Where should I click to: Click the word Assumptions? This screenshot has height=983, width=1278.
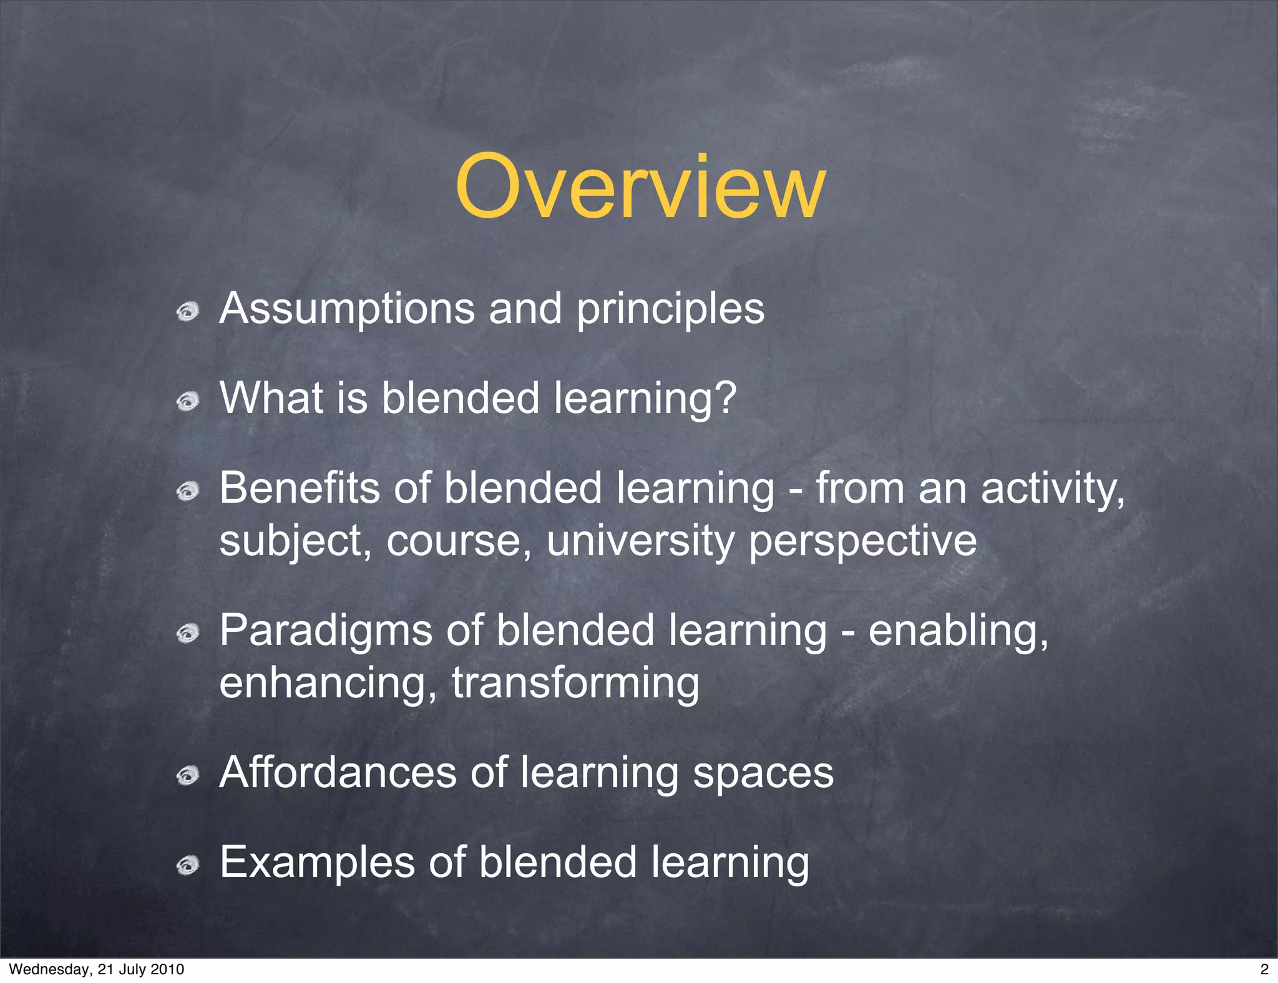pos(347,308)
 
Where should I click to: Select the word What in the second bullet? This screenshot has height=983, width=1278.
pos(271,397)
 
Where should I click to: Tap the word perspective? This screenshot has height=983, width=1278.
pos(862,541)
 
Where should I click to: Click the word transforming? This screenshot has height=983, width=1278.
pos(575,684)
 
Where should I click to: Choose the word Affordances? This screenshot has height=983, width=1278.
pos(338,772)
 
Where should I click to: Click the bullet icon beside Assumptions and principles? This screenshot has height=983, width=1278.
pos(187,311)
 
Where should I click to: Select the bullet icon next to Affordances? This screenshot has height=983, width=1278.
pos(187,776)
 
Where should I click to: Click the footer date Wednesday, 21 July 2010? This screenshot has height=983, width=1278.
pos(97,969)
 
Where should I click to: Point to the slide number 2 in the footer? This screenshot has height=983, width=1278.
pos(1264,969)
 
